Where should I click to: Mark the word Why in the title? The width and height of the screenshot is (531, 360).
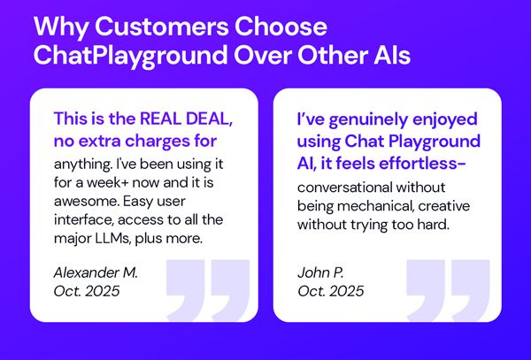coord(57,25)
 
